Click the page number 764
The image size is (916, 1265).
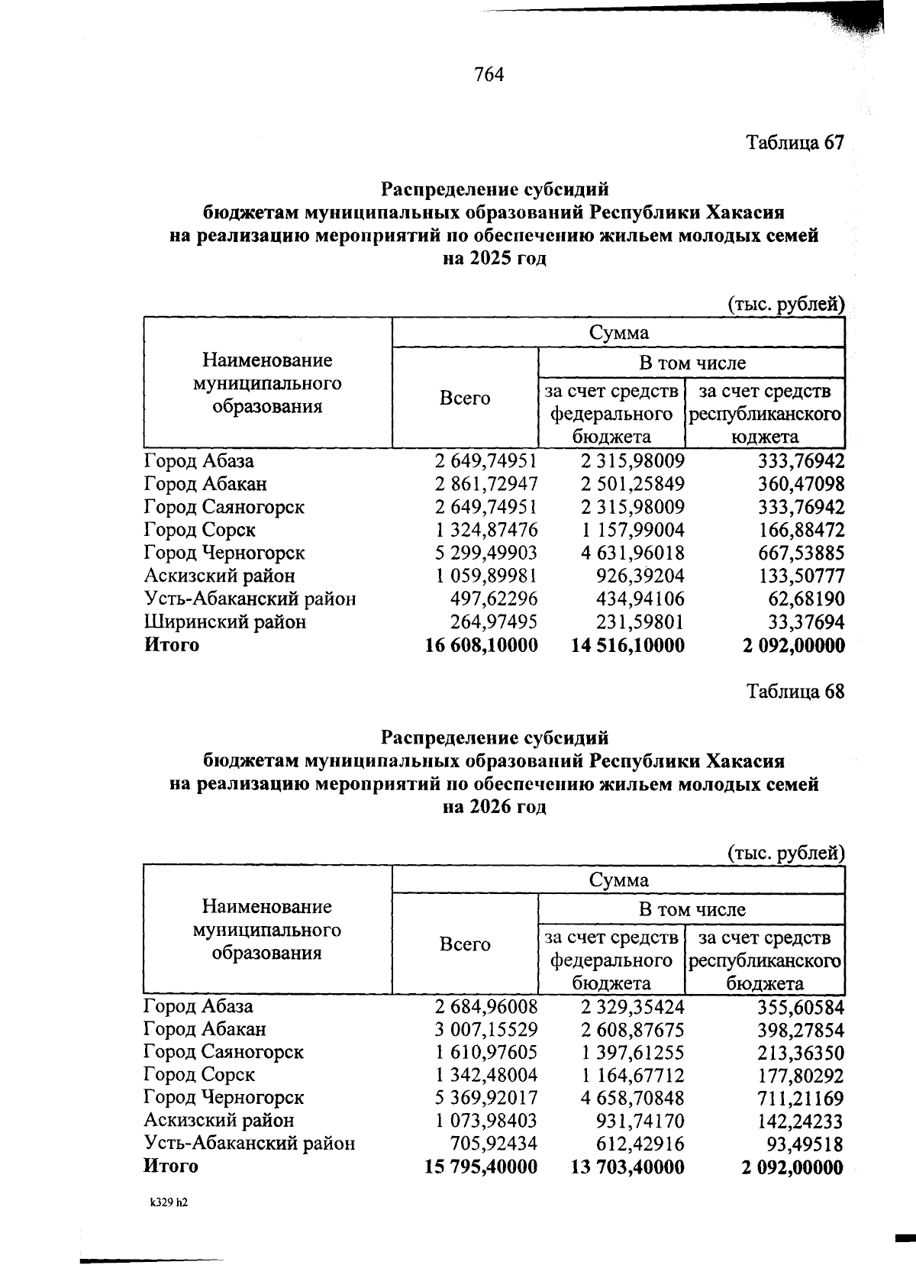(489, 75)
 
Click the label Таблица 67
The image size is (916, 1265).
(795, 143)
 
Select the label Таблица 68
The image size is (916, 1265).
(795, 692)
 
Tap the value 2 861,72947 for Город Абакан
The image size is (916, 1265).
(486, 484)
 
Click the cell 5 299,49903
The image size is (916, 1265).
(486, 553)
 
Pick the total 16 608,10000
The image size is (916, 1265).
(481, 645)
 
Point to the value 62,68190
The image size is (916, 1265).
(806, 599)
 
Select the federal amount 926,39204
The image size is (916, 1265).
(640, 576)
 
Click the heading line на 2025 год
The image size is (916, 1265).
(495, 259)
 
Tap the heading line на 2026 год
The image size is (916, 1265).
(495, 807)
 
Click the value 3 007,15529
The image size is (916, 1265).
(486, 1029)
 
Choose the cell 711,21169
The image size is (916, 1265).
(801, 1099)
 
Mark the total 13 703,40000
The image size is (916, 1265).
(627, 1167)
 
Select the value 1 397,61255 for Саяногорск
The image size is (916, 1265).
(633, 1052)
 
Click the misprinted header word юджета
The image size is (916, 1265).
(765, 437)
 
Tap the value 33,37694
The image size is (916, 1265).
(806, 622)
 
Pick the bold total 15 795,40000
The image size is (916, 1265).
(481, 1167)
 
